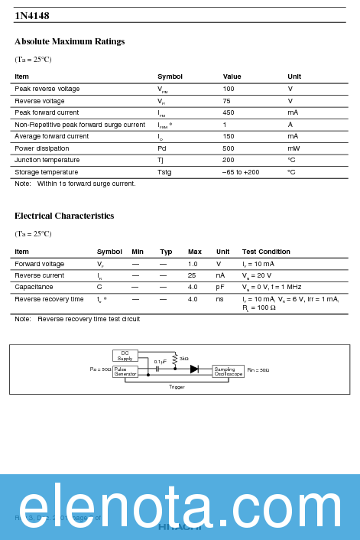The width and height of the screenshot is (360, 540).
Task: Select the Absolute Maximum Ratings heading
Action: coord(70,41)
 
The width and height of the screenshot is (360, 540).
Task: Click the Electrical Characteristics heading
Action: coord(64,216)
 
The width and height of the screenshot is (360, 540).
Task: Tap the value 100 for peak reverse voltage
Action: coord(229,89)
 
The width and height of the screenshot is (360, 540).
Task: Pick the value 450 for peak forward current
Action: coord(229,112)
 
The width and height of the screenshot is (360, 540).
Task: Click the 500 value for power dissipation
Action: coord(229,148)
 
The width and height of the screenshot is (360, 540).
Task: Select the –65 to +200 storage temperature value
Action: coord(241,172)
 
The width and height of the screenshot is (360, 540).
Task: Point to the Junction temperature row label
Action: coord(47,160)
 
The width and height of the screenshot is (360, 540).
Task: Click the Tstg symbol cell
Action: coord(164,172)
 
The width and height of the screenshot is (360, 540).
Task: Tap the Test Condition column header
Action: coord(266,252)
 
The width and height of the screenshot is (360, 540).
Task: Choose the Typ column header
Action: coord(166,252)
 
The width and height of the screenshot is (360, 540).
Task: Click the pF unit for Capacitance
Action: coord(220,287)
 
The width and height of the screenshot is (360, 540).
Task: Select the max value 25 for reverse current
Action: coord(192,275)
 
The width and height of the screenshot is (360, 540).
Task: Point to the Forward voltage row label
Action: coord(39,264)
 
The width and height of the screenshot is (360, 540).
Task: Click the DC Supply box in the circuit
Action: coord(125,356)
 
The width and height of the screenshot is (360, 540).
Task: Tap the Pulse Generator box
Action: coord(125,371)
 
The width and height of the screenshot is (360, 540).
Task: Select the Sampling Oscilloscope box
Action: coord(229,371)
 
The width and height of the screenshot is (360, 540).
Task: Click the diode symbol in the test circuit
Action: coord(194,369)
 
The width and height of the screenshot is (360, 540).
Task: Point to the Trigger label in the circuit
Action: coord(177,387)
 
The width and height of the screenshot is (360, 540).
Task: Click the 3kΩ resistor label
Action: coord(184,358)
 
